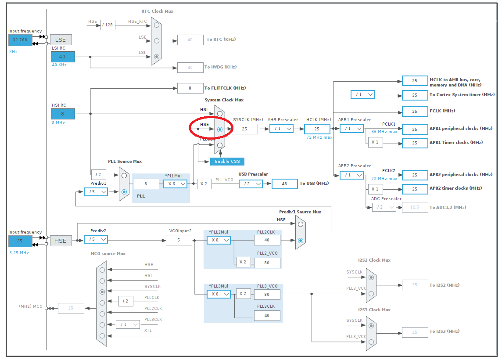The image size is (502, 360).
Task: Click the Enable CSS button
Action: click(227, 162)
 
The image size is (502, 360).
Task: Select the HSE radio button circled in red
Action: click(220, 130)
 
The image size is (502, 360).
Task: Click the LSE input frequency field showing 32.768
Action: click(20, 40)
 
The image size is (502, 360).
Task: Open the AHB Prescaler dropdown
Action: click(281, 129)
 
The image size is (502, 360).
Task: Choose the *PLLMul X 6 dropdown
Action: click(176, 184)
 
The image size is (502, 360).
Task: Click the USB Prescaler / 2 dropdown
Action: click(251, 184)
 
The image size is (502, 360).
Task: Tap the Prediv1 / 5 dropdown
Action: click(96, 192)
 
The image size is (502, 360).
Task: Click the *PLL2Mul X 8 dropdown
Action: click(219, 240)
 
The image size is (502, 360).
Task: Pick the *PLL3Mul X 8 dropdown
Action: click(219, 294)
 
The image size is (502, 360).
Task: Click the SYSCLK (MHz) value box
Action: click(244, 129)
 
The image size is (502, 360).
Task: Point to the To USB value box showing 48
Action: click(284, 184)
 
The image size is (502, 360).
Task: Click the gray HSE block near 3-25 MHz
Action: click(61, 241)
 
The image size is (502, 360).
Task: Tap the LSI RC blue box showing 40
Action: click(62, 57)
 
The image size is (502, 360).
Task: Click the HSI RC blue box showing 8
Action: click(62, 114)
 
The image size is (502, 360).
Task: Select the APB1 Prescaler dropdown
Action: click(351, 129)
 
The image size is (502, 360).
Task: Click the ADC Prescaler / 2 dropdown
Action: click(384, 207)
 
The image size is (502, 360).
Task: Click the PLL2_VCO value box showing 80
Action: click(267, 263)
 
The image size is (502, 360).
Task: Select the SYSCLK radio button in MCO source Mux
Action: click(102, 292)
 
